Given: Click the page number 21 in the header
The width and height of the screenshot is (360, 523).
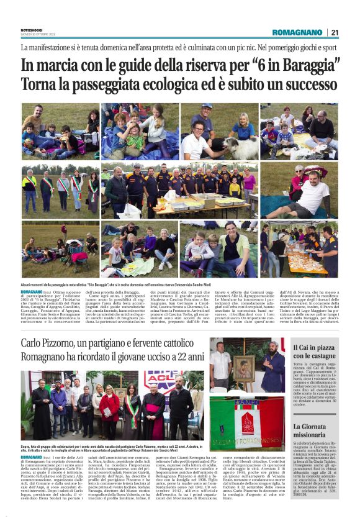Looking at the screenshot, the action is [335, 32].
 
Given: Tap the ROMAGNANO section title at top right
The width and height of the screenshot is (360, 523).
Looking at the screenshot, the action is [298, 32].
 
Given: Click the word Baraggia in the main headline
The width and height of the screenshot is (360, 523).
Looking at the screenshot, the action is [309, 64].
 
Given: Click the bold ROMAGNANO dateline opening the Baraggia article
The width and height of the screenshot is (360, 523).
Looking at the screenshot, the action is [31, 291].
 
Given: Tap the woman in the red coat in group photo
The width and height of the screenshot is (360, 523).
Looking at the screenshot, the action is [109, 404].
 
